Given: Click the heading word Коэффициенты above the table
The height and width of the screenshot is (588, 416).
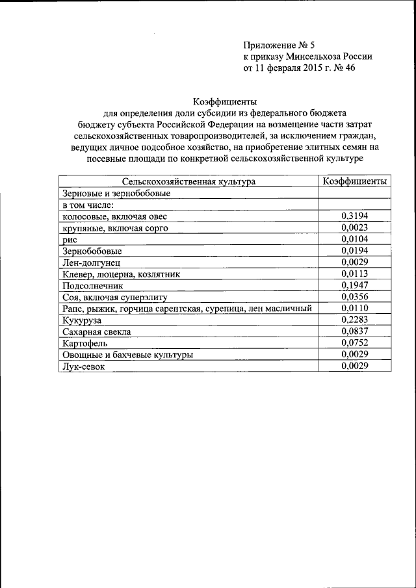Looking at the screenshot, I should tap(226, 101).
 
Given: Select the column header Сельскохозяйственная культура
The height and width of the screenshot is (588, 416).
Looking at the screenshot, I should tap(188, 182).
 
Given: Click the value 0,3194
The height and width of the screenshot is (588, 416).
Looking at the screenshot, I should tap(355, 216).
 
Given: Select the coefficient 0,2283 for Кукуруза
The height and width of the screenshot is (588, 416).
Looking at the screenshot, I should tap(355, 320).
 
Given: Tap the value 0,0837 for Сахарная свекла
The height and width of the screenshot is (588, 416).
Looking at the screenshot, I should tap(355, 331).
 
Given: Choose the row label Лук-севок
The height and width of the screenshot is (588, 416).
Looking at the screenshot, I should tap(83, 366).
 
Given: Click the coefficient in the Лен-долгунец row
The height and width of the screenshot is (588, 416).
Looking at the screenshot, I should tap(355, 262).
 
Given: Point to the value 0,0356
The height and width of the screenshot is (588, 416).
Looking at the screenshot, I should tap(355, 297).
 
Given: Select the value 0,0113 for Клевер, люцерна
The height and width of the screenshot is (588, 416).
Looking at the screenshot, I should tap(355, 274).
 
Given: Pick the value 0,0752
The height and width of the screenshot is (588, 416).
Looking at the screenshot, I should tap(355, 343).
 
